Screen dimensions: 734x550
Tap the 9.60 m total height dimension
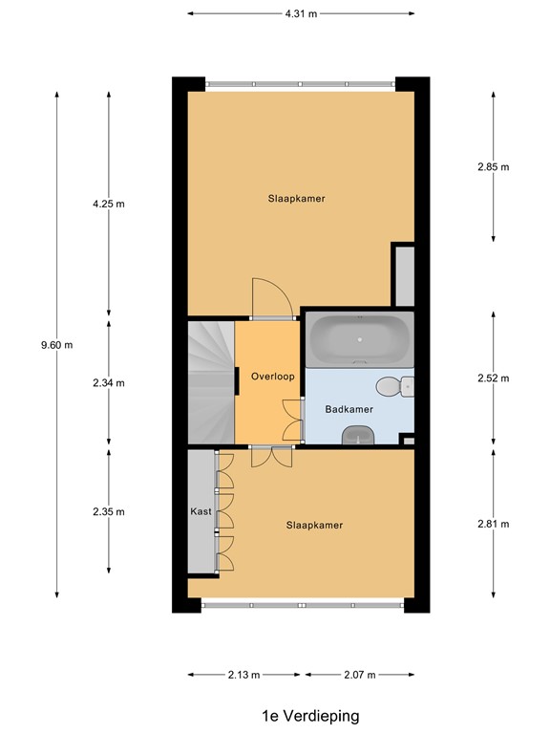click(x=57, y=345)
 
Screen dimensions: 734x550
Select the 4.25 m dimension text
click(x=108, y=204)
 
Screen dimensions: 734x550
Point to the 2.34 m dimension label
click(x=108, y=382)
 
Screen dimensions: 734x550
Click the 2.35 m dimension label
click(x=108, y=511)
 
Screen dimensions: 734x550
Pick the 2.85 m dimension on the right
click(x=493, y=166)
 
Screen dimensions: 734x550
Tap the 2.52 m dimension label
click(x=493, y=378)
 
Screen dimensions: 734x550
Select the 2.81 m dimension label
click(x=493, y=523)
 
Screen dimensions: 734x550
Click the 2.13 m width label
click(x=243, y=675)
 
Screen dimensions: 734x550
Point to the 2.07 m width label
click(x=358, y=675)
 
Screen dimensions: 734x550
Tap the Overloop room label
click(x=272, y=376)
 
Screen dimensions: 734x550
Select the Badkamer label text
click(x=349, y=409)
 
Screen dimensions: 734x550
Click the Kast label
click(x=201, y=511)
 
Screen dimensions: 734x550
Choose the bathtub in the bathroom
click(x=359, y=339)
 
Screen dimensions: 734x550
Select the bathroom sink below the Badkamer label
click(x=358, y=435)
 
